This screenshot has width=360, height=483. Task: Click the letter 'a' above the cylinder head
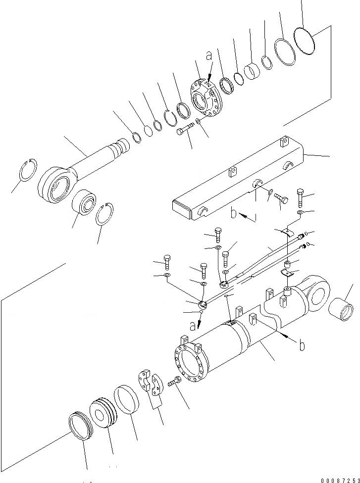[209, 56]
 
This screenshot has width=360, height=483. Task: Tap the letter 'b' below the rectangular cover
[234, 214]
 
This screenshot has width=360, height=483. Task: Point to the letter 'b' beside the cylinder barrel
[302, 345]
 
